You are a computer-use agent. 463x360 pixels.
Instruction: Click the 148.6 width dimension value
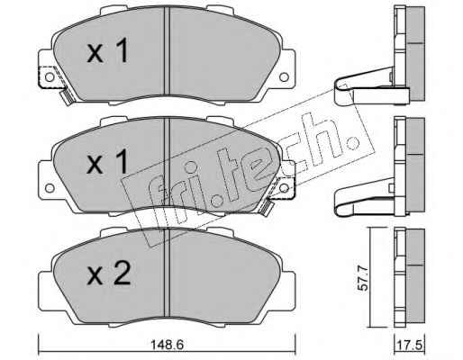pos(167,345)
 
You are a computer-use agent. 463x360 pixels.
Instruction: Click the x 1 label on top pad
pos(107,50)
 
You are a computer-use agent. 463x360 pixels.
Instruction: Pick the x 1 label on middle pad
pos(107,162)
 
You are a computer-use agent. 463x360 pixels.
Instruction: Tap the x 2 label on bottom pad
pos(108,273)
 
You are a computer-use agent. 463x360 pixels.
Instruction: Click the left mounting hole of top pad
pos(50,77)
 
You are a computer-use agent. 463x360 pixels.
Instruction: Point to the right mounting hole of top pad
pos(284,77)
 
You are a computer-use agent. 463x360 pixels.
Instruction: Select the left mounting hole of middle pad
pos(50,188)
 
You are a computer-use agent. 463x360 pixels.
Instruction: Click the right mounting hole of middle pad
pos(284,188)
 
